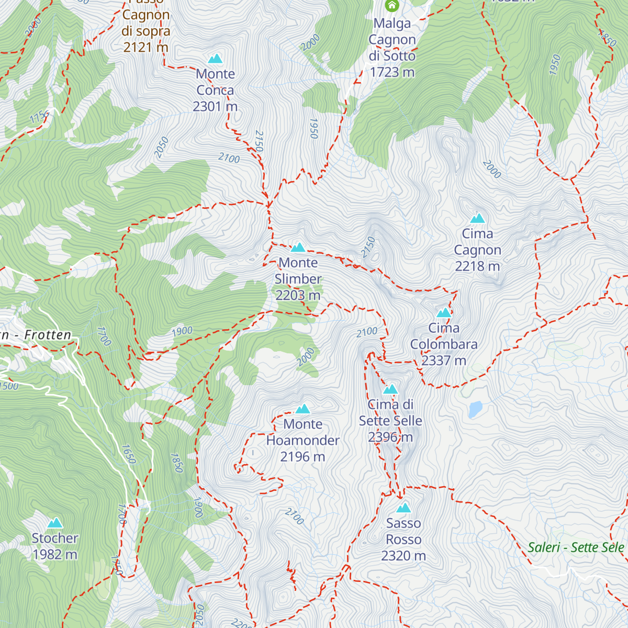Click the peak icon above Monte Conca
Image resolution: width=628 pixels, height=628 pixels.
click(215, 59)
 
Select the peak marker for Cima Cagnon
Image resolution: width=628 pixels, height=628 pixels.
click(477, 218)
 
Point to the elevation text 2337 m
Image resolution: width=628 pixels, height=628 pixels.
click(444, 361)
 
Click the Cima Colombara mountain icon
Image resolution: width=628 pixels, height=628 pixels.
click(444, 313)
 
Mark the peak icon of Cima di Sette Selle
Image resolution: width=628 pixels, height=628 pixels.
click(390, 389)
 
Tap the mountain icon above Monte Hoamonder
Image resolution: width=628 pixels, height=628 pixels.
click(302, 409)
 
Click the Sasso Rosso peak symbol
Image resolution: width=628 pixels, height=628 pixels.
click(403, 508)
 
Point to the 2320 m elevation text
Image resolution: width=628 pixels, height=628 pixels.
click(403, 556)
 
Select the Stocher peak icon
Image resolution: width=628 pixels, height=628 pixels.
click(55, 523)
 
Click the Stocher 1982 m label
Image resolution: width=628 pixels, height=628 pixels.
click(55, 546)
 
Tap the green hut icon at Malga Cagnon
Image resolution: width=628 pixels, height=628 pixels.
click(391, 6)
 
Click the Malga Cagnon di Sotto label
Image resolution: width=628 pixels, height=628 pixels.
click(392, 48)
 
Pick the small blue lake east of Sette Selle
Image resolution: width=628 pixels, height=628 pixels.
click(475, 409)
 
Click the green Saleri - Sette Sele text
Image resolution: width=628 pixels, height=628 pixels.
click(576, 548)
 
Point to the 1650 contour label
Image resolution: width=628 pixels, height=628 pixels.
click(129, 454)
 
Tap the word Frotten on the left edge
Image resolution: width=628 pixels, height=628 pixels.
click(48, 335)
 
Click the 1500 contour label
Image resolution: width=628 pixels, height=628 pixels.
click(9, 386)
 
